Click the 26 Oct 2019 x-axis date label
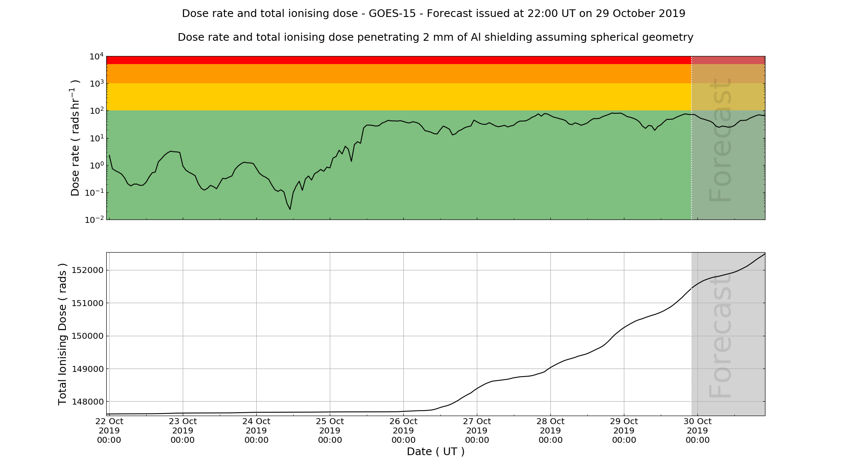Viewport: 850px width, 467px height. pyautogui.click(x=403, y=430)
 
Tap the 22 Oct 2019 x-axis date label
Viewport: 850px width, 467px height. pyautogui.click(x=109, y=430)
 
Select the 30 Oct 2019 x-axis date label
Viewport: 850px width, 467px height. pyautogui.click(x=697, y=430)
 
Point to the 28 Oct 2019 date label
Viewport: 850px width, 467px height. pyautogui.click(x=550, y=430)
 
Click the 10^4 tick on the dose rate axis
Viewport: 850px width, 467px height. pyautogui.click(x=96, y=56)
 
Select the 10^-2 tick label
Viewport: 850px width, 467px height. pyautogui.click(x=94, y=220)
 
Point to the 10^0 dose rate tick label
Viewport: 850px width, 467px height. pyautogui.click(x=96, y=166)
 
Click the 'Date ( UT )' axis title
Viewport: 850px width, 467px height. pyautogui.click(x=436, y=452)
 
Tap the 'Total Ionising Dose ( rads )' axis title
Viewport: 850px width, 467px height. pyautogui.click(x=62, y=334)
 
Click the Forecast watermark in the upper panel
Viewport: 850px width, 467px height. pyautogui.click(x=720, y=140)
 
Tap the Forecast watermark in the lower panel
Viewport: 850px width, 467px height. pyautogui.click(x=720, y=335)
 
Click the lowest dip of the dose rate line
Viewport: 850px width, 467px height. pyautogui.click(x=290, y=209)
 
